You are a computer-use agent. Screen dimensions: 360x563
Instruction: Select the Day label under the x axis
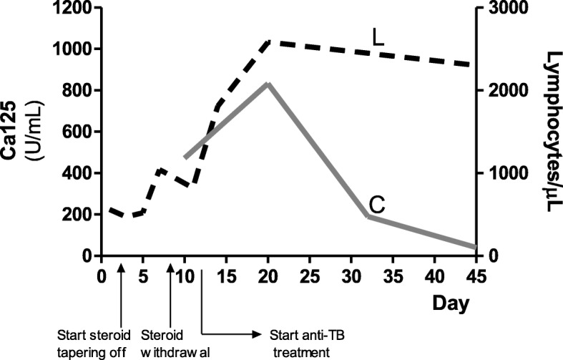tap(451, 303)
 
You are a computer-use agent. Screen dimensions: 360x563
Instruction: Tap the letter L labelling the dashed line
tap(378, 36)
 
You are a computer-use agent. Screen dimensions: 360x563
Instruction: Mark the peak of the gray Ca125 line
tap(268, 84)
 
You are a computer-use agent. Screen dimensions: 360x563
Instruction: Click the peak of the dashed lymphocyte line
tap(269, 42)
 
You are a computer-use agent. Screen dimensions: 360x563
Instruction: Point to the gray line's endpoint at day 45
tap(475, 247)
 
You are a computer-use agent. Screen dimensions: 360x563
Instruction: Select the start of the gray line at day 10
tap(185, 157)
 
